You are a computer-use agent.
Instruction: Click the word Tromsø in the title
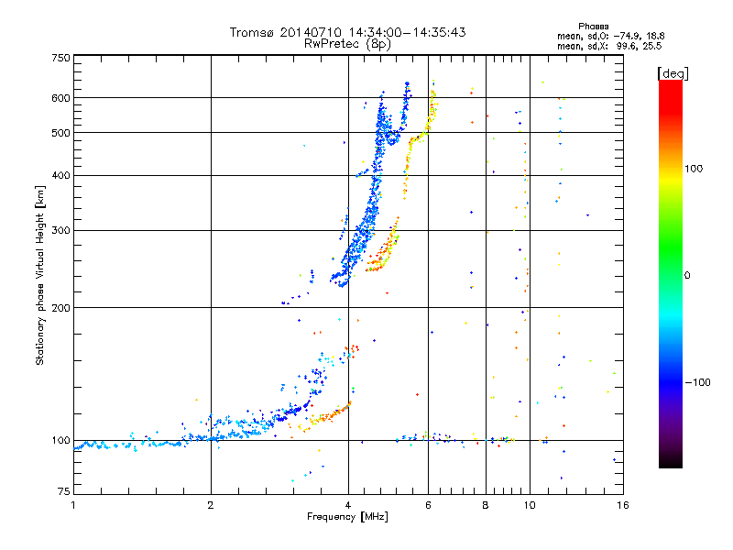point(253,32)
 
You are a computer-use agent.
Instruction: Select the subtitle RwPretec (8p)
point(347,44)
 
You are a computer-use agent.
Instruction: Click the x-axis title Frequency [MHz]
point(347,517)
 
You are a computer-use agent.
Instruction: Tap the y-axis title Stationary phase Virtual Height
point(39,275)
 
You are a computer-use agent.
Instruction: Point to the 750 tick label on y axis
point(60,58)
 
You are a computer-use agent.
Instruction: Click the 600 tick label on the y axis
point(60,98)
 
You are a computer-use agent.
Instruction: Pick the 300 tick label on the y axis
point(60,231)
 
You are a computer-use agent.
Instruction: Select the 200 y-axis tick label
point(60,308)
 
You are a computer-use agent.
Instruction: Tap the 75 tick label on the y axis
point(64,491)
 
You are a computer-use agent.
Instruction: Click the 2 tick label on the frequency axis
point(211,505)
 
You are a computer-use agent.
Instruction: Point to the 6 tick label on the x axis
point(428,505)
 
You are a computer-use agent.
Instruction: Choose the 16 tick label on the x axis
point(623,505)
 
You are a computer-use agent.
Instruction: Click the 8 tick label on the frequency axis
point(486,505)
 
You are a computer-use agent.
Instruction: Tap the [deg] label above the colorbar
point(673,73)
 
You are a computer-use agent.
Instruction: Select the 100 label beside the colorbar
point(694,169)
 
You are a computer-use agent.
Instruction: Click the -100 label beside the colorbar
point(697,382)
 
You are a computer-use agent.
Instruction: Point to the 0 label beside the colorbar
point(687,276)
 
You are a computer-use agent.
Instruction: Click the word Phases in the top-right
point(593,27)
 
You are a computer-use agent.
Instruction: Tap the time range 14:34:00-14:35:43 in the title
point(407,32)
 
